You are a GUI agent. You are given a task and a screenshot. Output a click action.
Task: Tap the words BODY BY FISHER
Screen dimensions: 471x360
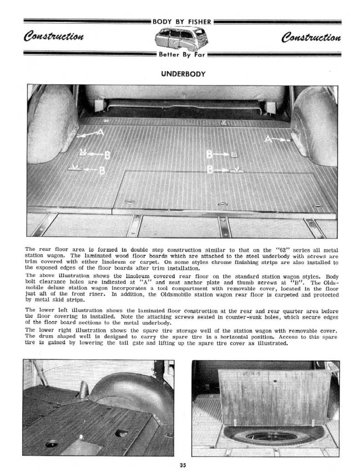pyautogui.click(x=182, y=21)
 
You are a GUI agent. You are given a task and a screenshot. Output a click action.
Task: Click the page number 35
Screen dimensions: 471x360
pyautogui.click(x=183, y=465)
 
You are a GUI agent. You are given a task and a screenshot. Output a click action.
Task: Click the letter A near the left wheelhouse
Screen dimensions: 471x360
pyautogui.click(x=101, y=132)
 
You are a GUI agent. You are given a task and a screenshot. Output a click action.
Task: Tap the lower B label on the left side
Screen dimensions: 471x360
pyautogui.click(x=102, y=171)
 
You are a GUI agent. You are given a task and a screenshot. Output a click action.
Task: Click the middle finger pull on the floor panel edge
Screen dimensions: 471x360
pyautogui.click(x=222, y=204)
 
